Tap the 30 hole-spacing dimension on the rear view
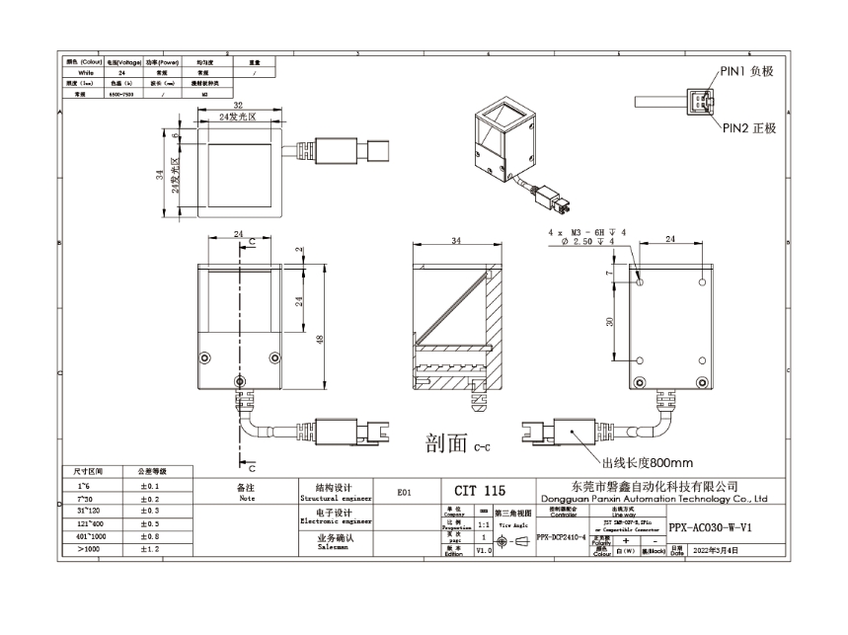[x=612, y=320]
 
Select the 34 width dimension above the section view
[x=455, y=240]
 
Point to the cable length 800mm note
[x=647, y=462]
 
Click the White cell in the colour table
[x=85, y=73]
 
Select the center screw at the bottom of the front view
[x=239, y=382]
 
